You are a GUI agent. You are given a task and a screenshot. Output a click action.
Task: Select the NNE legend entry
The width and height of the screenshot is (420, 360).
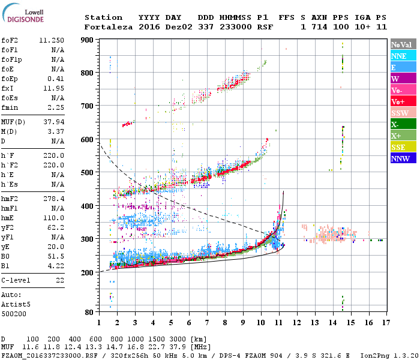point(399,56)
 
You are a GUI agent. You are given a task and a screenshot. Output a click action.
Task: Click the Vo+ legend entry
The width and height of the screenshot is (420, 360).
point(398,101)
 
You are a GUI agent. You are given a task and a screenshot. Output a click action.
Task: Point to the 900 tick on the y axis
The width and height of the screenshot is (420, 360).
point(88,40)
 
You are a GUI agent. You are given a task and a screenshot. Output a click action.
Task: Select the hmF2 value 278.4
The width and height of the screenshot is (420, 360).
point(54,198)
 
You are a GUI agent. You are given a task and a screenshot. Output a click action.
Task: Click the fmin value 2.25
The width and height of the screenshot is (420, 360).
point(56,108)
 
